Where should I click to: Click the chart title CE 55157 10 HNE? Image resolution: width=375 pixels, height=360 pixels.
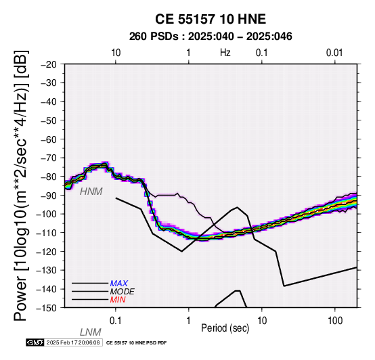211,19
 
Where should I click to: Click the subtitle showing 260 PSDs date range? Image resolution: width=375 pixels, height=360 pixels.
211,37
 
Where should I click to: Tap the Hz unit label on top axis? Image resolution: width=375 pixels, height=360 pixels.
225,53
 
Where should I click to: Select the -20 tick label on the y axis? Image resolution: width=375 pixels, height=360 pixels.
49,64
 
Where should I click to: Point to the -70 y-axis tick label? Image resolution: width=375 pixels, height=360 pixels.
49,158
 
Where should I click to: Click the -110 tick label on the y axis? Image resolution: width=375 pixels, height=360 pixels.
47,233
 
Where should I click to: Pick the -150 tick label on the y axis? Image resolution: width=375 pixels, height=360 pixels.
47,308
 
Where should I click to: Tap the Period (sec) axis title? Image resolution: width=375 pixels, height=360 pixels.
225,328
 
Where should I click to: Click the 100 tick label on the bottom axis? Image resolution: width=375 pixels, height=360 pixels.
335,321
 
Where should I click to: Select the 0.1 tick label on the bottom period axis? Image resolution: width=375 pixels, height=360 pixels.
115,321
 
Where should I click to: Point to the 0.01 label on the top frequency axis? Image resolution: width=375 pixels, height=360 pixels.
334,53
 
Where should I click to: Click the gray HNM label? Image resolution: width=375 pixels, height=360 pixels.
91,192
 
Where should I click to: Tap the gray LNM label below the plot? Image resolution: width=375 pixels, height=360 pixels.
91,332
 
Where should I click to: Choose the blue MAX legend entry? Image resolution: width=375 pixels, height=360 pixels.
118,284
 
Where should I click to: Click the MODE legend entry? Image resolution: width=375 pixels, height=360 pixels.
123,292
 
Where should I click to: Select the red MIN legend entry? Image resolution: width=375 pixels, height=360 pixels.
118,300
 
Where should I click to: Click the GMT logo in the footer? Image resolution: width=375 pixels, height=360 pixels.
35,342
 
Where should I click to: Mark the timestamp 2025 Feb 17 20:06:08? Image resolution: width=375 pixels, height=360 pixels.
73,342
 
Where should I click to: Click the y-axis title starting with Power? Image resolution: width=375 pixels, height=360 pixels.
21,185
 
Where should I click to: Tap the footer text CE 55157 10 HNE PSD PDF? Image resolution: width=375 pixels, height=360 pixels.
136,343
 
